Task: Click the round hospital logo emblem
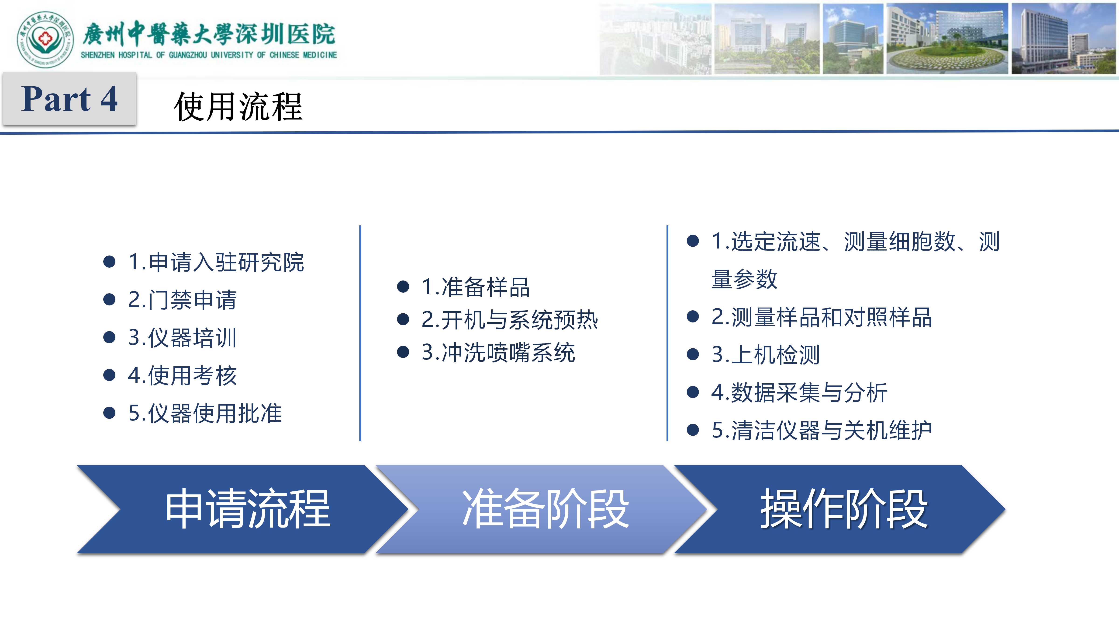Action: point(45,40)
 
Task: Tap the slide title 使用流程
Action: point(238,107)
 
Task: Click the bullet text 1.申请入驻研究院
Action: point(216,262)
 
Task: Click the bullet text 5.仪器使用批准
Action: point(205,413)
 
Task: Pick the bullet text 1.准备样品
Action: point(475,287)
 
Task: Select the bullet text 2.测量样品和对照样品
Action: point(822,317)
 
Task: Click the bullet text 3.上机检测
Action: point(765,355)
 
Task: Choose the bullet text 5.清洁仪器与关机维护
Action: point(822,430)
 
